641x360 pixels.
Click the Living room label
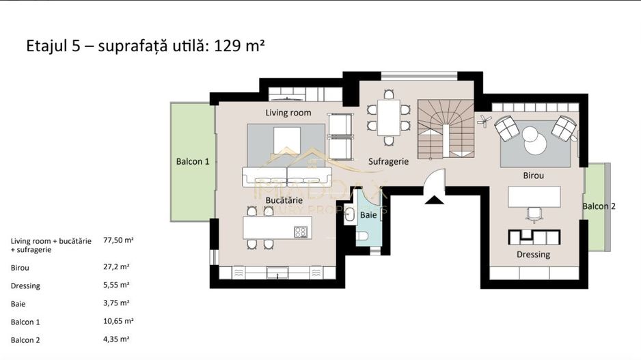click(288, 113)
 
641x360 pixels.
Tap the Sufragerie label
click(388, 162)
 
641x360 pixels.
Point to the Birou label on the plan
click(534, 176)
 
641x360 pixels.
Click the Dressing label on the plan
click(533, 255)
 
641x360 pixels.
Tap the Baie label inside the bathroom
click(368, 214)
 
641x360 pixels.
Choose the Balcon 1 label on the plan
click(193, 162)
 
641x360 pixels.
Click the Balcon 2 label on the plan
click(599, 206)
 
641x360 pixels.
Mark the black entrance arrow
click(433, 199)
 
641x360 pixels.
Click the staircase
click(441, 127)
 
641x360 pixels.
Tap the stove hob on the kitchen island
click(301, 232)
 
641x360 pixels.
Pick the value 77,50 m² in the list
click(118, 241)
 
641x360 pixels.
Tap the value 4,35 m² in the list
click(116, 339)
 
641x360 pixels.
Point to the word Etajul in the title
click(46, 47)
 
